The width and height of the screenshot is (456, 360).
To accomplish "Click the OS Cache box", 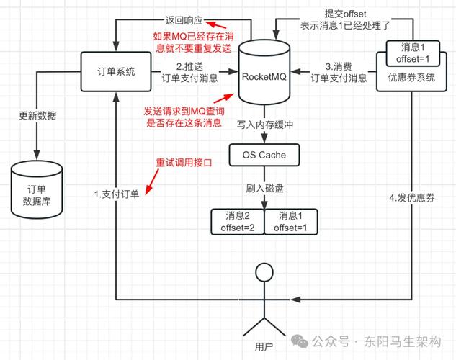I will (262, 154).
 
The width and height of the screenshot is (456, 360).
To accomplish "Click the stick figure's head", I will (264, 273).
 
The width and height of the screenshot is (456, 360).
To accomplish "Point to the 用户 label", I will (264, 347).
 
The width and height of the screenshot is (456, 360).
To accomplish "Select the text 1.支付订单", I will (116, 194).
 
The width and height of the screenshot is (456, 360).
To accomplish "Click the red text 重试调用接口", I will (184, 163).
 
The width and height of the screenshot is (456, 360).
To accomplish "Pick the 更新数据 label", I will (37, 115).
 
